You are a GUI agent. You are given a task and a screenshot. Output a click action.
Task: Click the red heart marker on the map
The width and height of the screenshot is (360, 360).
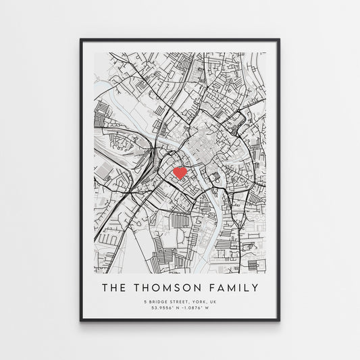coord(180,173)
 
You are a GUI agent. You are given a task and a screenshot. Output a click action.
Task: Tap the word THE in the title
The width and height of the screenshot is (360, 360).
coord(115,288)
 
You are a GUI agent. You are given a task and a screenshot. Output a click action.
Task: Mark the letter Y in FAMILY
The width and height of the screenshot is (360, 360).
coord(254,288)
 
